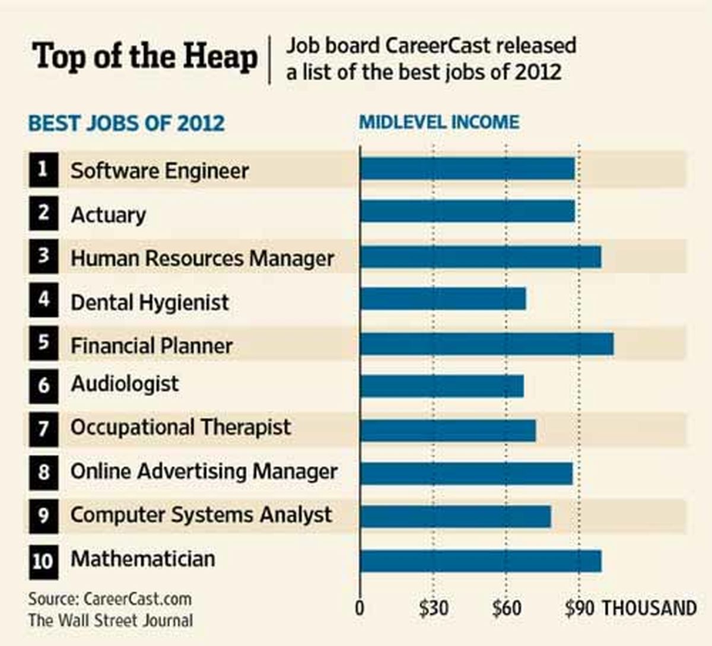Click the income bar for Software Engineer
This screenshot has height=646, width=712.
[x=467, y=169]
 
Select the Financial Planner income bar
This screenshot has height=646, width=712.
[x=487, y=344]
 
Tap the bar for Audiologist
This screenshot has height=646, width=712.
[x=442, y=386]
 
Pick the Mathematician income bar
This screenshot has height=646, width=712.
[x=481, y=561]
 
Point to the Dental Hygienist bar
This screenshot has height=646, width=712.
[x=443, y=298]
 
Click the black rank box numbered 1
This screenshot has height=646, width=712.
[x=44, y=170]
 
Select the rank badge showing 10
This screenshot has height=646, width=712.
[x=44, y=562]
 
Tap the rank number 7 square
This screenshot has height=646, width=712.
[x=44, y=429]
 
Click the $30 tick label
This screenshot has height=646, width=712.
[x=433, y=608]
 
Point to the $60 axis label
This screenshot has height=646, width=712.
[x=507, y=608]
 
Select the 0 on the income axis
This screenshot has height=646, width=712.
[x=360, y=608]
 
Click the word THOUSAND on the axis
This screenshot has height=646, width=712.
[x=650, y=607]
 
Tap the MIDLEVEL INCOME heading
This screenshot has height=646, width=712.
[x=439, y=122]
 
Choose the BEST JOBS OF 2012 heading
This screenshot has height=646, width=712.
[x=126, y=123]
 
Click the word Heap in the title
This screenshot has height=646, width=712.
[x=220, y=57]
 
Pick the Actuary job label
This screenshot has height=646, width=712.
[x=108, y=215]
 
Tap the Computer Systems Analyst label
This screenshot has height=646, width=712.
[x=201, y=515]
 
